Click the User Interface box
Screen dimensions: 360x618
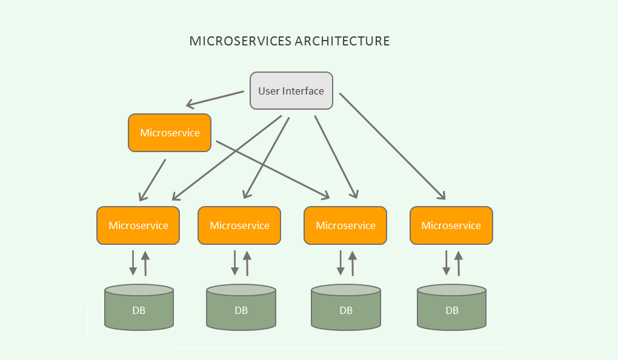291,91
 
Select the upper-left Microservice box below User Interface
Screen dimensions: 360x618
170,133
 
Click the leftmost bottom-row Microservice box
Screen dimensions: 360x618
138,225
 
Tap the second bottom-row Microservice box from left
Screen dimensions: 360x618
239,225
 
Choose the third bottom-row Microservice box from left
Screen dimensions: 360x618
345,225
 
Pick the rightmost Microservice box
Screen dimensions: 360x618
451,225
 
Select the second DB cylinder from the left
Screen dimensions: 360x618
241,309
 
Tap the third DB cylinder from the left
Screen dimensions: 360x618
346,309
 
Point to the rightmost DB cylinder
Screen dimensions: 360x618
452,309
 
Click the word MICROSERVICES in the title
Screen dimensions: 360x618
241,41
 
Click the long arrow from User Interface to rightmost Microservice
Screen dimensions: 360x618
393,145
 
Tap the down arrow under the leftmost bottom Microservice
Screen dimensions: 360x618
133,262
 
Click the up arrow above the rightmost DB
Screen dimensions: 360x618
458,262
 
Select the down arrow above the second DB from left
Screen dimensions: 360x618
235,262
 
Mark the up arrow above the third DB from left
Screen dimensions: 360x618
353,262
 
